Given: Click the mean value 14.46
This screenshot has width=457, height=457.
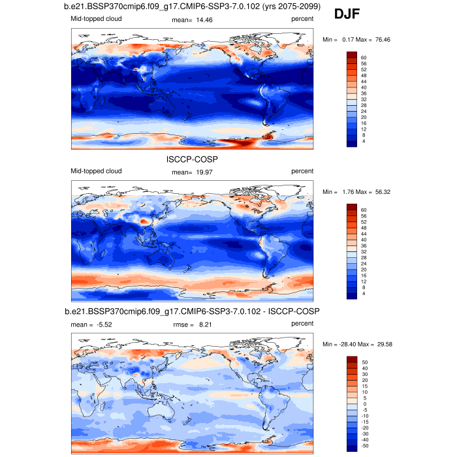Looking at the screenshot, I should pos(199,20).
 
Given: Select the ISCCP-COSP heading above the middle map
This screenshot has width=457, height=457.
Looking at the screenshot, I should pos(192,158).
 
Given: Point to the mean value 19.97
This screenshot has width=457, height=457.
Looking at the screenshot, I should pos(199,172).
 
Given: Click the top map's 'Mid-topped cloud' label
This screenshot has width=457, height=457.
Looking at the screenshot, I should pos(96,19).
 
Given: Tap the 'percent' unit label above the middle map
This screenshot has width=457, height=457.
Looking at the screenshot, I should pos(302,172).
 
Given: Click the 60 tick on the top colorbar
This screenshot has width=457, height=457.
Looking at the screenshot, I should pos(364,58).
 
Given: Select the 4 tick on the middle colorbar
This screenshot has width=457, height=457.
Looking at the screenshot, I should pos(362,294).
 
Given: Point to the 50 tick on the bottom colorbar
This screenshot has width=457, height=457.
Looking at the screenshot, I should pos(364,361).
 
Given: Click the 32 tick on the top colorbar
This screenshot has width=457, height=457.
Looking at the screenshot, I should pos(364,99).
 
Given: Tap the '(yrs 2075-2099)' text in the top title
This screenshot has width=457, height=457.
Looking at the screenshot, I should pos(281,7).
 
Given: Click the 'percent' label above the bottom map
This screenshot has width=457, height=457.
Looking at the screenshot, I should pos(302,323).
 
